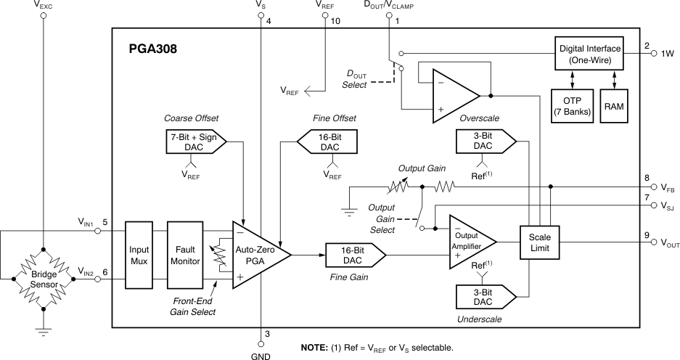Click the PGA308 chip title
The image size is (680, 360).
click(151, 50)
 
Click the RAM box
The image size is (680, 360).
click(615, 107)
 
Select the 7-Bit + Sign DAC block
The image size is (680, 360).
click(192, 141)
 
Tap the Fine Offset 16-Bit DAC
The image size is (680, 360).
click(329, 142)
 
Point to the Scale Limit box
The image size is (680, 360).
click(540, 242)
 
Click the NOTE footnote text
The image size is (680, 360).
click(377, 348)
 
